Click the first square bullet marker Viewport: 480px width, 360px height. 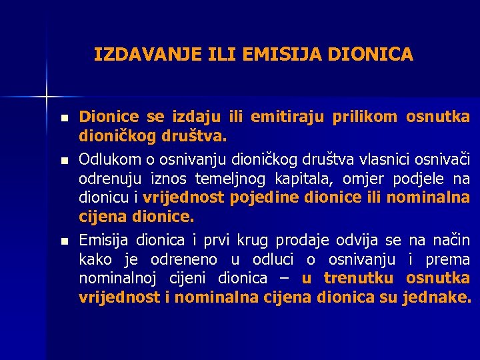[63, 118]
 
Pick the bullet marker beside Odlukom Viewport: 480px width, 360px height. [63, 160]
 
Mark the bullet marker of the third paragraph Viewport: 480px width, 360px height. [63, 240]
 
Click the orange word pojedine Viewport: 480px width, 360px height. [264, 198]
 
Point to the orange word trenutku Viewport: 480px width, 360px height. [357, 278]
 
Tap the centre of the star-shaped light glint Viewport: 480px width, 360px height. [47, 96]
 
